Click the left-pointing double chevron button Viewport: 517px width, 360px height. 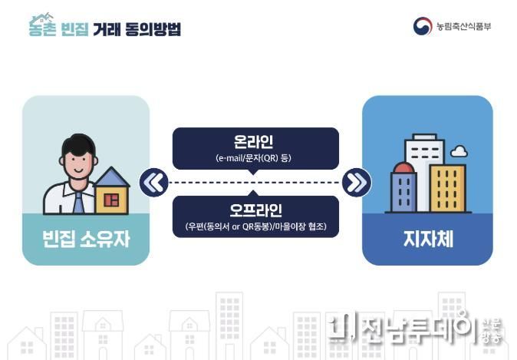pos(154,183)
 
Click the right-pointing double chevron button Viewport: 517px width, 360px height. pos(357,183)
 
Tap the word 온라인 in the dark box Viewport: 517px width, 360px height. pos(253,141)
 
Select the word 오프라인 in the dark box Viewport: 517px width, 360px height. pos(255,210)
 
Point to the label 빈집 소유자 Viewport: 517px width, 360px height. pos(86,239)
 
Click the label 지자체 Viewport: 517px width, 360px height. pos(428,239)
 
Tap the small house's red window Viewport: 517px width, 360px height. pos(111,200)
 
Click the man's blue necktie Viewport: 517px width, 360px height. pos(79,203)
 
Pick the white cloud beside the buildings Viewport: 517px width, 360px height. pos(459,150)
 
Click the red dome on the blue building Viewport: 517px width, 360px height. pos(403,167)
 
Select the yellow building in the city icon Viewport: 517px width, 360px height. pos(447,188)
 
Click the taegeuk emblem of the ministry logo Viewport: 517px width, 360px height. pos(423,26)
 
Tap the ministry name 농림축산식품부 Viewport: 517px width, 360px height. pos(463,26)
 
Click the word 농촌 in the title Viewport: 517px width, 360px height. pos(42,28)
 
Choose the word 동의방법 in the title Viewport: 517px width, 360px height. pos(153,29)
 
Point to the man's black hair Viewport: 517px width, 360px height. pos(79,144)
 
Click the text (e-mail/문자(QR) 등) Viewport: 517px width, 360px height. pos(253,158)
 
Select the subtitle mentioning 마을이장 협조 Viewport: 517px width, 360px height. pos(255,226)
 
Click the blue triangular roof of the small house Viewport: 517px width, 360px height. pos(112,177)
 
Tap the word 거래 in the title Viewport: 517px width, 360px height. pos(106,29)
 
